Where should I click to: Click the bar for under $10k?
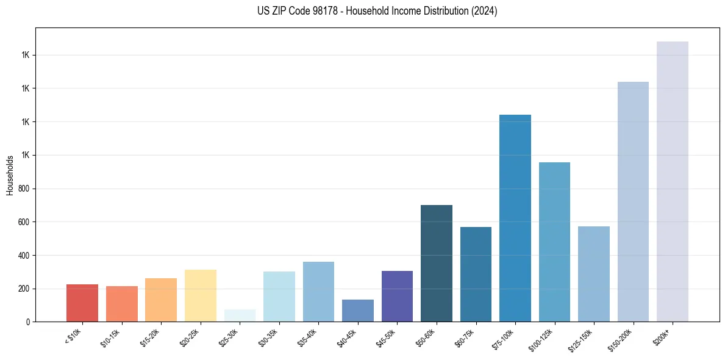[x=82, y=303]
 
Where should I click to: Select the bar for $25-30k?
[x=240, y=315]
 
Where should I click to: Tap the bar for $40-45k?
[x=358, y=311]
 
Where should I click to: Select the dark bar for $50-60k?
[x=437, y=263]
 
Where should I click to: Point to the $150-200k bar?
[x=633, y=201]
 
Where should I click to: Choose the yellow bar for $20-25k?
[x=201, y=295]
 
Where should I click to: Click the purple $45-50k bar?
[x=397, y=296]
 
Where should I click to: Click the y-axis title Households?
[x=10, y=175]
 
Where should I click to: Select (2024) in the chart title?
[x=484, y=12]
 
